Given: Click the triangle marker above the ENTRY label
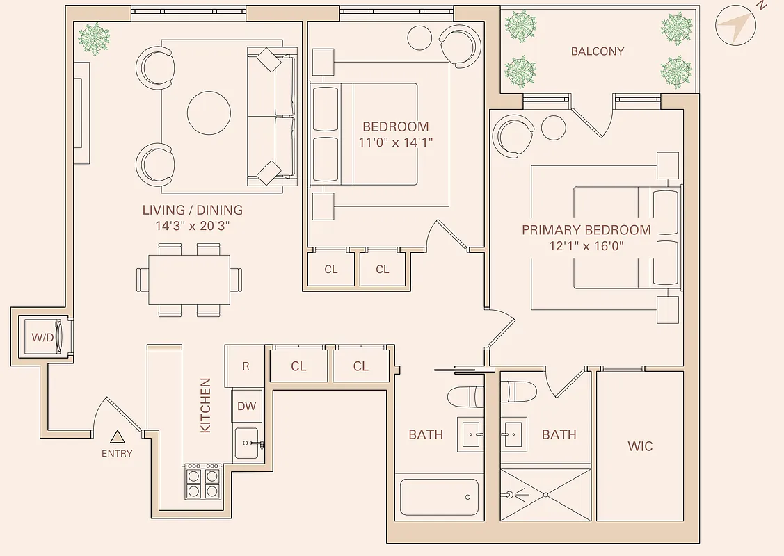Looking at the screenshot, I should pyautogui.click(x=118, y=437).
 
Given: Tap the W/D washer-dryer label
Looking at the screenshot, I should pyautogui.click(x=42, y=337).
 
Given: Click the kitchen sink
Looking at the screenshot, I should pyautogui.click(x=247, y=443).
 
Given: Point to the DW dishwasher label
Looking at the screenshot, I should pyautogui.click(x=246, y=407).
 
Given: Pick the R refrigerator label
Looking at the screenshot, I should pyautogui.click(x=246, y=366).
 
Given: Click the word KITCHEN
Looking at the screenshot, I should pyautogui.click(x=205, y=405).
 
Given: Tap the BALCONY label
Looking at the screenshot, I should pyautogui.click(x=597, y=51).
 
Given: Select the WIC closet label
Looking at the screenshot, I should pyautogui.click(x=639, y=446).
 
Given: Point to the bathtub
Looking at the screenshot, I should pyautogui.click(x=439, y=497).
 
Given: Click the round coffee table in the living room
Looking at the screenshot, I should pyautogui.click(x=209, y=113).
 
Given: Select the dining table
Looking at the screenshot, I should pyautogui.click(x=189, y=279).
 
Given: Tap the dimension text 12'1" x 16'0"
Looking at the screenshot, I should pyautogui.click(x=586, y=245).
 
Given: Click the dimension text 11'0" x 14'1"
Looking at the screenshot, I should pyautogui.click(x=395, y=142).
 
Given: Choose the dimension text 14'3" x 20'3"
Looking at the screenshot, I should pyautogui.click(x=193, y=226).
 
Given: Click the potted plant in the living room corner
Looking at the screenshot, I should pyautogui.click(x=94, y=38).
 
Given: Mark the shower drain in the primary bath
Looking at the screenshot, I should pyautogui.click(x=546, y=495).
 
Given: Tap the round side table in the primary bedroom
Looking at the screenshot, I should pyautogui.click(x=554, y=127).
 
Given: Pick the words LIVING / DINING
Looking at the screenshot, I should pyautogui.click(x=193, y=210).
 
